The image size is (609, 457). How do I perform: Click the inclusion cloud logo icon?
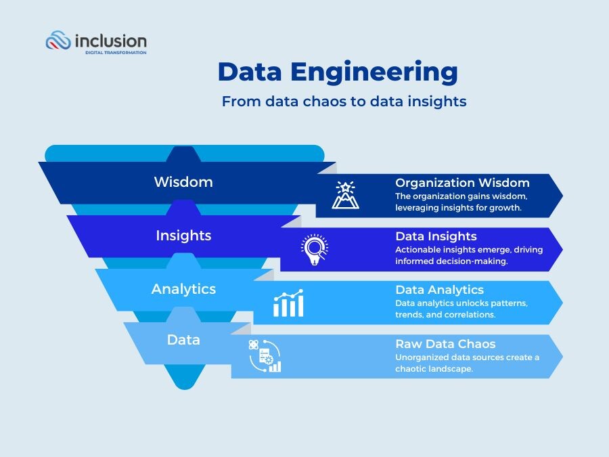[x=58, y=40]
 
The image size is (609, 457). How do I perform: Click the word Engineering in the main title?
[x=374, y=72]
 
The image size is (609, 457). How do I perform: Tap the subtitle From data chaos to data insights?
[x=344, y=102]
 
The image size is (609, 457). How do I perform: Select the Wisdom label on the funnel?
[x=183, y=182]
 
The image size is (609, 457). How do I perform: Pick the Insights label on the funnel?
[x=183, y=236]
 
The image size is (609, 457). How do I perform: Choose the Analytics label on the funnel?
[x=183, y=289]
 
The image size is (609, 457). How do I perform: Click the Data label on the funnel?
[x=183, y=340]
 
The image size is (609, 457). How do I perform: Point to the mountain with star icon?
[x=345, y=195]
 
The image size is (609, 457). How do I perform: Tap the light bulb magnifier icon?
[x=315, y=249]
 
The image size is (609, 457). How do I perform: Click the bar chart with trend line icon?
[x=288, y=303]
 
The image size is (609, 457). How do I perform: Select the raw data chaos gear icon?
[x=265, y=356]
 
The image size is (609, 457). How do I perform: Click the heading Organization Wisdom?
[x=462, y=183]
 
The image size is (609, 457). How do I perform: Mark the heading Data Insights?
[x=436, y=236]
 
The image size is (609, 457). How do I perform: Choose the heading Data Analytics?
[x=439, y=290]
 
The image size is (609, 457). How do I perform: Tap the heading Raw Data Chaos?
[x=445, y=344]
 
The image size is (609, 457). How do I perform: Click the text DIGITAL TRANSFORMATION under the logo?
[x=116, y=52]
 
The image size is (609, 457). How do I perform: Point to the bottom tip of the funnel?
[x=185, y=389]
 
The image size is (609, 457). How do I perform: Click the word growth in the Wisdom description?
[x=505, y=208]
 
